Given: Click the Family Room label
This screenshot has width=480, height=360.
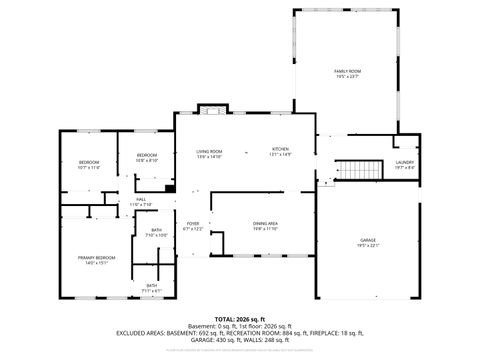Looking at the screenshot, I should pyautogui.click(x=347, y=71).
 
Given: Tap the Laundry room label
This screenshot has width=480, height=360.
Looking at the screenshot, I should pyautogui.click(x=404, y=162).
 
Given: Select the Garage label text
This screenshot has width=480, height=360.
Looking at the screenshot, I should pyautogui.click(x=368, y=240).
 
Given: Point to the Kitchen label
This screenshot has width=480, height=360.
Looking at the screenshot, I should pyautogui.click(x=280, y=149).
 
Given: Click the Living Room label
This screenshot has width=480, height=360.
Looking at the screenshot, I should pyautogui.click(x=208, y=151).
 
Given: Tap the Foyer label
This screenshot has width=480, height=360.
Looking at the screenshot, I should pyautogui.click(x=192, y=223).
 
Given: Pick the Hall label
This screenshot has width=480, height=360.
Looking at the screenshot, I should pyautogui.click(x=140, y=200).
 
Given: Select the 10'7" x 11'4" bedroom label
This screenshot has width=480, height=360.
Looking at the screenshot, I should pyautogui.click(x=88, y=163).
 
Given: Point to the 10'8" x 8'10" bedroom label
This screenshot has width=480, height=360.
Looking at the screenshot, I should pyautogui.click(x=147, y=155).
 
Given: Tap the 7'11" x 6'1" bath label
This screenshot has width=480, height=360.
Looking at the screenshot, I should pyautogui.click(x=152, y=286).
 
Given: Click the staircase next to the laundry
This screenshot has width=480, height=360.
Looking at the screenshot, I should pyautogui.click(x=359, y=170).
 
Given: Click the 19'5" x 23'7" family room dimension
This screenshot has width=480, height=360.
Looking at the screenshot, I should pyautogui.click(x=347, y=76).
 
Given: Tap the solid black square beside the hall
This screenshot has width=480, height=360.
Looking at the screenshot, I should pyautogui.click(x=170, y=187).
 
